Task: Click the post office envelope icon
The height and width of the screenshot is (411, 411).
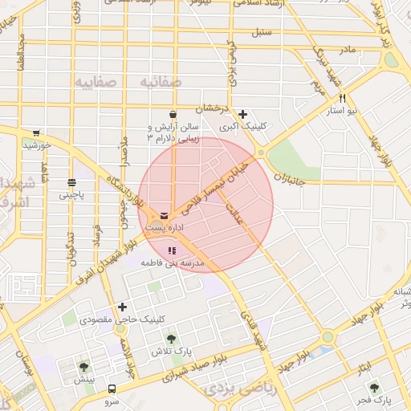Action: coord(165,216)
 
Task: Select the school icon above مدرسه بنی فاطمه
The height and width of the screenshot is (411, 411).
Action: coord(171,251)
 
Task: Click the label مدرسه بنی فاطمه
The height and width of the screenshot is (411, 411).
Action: coord(173,263)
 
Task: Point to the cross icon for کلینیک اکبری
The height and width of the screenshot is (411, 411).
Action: coord(243,114)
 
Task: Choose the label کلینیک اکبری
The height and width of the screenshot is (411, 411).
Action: coord(242,127)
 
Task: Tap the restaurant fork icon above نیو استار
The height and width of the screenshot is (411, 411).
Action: coord(342,98)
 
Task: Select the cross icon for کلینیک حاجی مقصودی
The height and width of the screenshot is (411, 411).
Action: coord(122,307)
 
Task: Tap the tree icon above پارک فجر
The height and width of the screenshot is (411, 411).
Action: coord(372,387)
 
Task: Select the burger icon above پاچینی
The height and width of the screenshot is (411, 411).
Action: coord(71,181)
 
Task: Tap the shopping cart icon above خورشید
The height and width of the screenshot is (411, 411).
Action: coord(36,133)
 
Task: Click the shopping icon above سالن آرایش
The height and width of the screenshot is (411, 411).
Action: coord(173,115)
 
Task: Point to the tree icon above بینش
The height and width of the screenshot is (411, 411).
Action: coord(84,367)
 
